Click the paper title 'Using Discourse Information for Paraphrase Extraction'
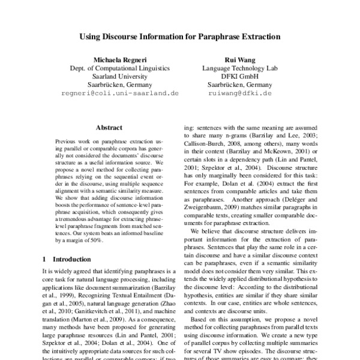click(x=180, y=36)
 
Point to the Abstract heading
click(x=109, y=128)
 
